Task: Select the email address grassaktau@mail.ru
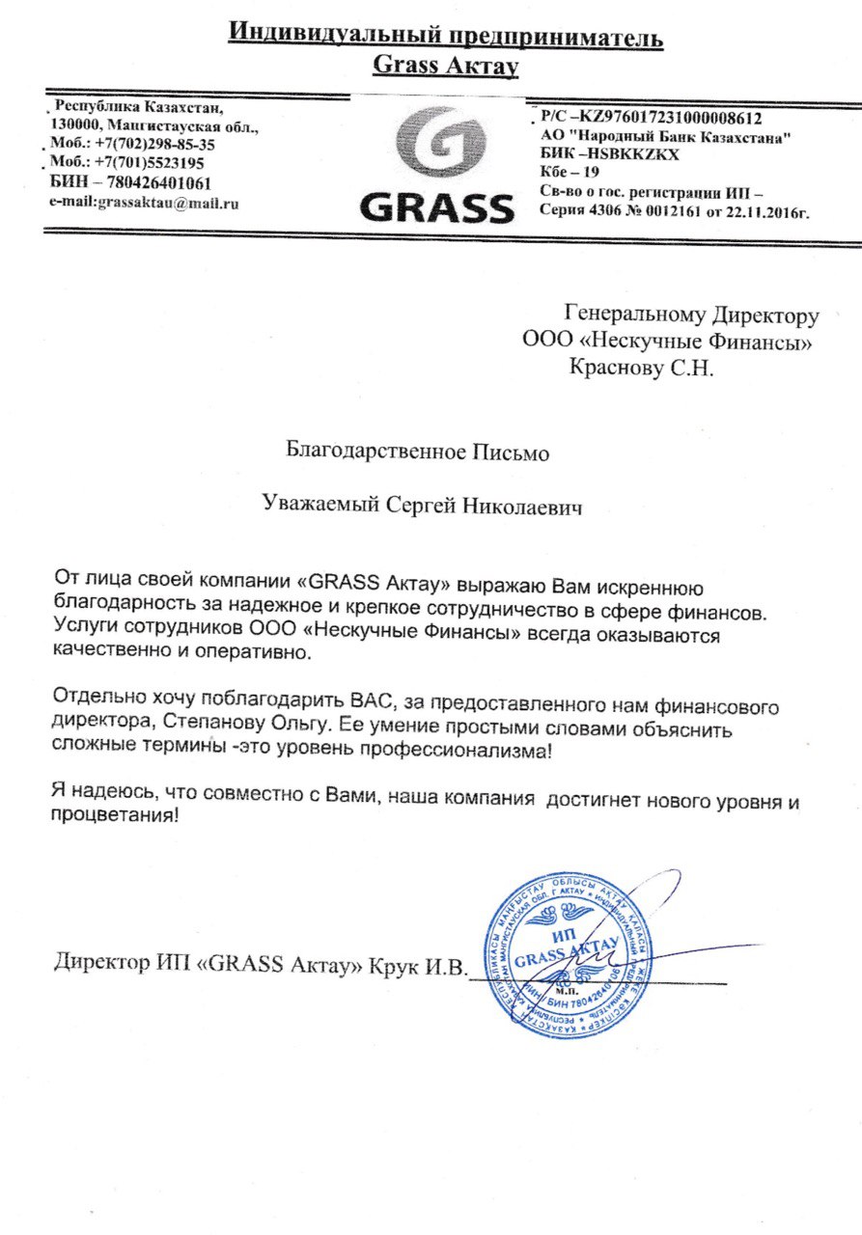pyautogui.click(x=144, y=203)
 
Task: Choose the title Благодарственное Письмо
pyautogui.click(x=418, y=451)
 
